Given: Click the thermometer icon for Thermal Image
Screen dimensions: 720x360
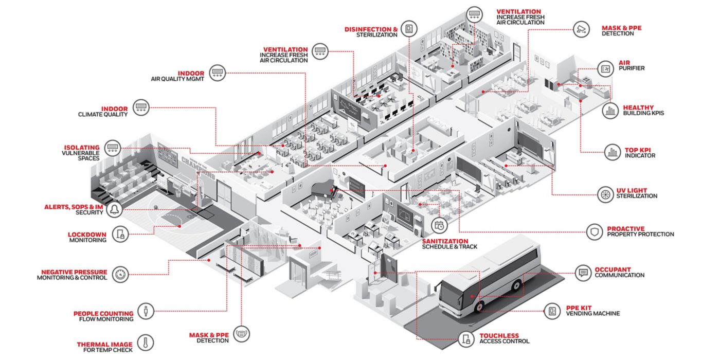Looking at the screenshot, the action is (145, 343).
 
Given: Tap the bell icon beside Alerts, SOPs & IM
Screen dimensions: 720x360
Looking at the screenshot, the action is (114, 210).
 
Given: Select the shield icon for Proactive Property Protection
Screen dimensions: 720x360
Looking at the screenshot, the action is (595, 232).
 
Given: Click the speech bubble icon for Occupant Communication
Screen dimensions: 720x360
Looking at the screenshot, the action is (583, 273).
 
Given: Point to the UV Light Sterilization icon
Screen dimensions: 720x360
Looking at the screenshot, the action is (606, 194).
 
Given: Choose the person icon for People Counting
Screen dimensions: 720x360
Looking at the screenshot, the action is (146, 311).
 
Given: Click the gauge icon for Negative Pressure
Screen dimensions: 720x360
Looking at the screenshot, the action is (120, 275).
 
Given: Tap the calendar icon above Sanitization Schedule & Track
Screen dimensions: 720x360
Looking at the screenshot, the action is (439, 225).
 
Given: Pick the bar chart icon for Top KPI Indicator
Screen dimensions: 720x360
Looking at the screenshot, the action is (613, 152).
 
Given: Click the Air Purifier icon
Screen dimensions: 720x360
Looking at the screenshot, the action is (606, 69).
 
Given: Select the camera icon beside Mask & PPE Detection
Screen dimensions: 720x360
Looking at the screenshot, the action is (581, 30).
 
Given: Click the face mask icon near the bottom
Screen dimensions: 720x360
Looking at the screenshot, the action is (241, 334).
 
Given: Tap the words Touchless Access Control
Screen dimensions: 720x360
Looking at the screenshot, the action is (505, 338).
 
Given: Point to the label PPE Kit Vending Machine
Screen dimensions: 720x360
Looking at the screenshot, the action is (593, 311).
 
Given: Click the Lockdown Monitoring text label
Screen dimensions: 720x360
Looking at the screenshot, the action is (87, 237).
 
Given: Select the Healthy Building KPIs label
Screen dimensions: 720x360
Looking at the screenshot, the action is (643, 110).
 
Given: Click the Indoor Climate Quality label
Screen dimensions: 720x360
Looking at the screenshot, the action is (103, 112).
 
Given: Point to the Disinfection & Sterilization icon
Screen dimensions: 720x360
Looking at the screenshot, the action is (409, 29).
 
